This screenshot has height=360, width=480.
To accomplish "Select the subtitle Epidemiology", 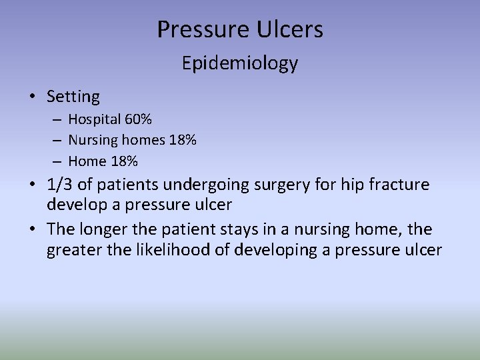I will pos(240,63).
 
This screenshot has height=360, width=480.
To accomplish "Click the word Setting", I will pos(73,97).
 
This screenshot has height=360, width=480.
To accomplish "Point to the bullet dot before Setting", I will pos(33,97).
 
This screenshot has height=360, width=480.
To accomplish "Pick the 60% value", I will pos(138,120).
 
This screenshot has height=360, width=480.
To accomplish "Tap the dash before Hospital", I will pos(58,121).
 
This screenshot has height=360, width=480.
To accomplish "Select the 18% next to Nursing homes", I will pos(181,141).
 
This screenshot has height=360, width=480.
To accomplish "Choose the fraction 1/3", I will pos(60,184).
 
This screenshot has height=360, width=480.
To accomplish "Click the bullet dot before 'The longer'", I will pos(33,230).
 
